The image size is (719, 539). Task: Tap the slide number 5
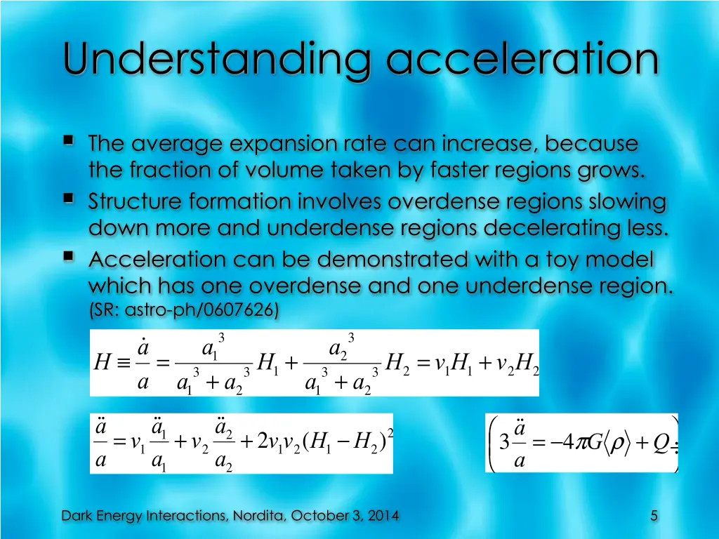click(x=654, y=516)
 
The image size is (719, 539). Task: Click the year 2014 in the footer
click(x=383, y=516)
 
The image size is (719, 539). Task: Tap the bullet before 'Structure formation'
click(x=69, y=199)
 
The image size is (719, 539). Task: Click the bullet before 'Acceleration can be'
click(x=69, y=258)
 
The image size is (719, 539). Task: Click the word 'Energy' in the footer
click(x=116, y=516)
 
